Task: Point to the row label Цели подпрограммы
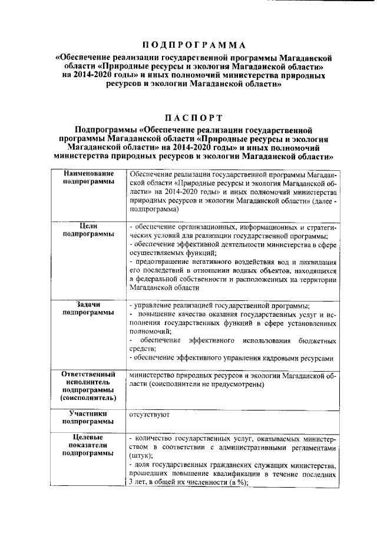(89, 229)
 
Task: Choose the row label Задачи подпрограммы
(89, 308)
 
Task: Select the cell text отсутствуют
(150, 415)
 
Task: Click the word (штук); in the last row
(140, 456)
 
